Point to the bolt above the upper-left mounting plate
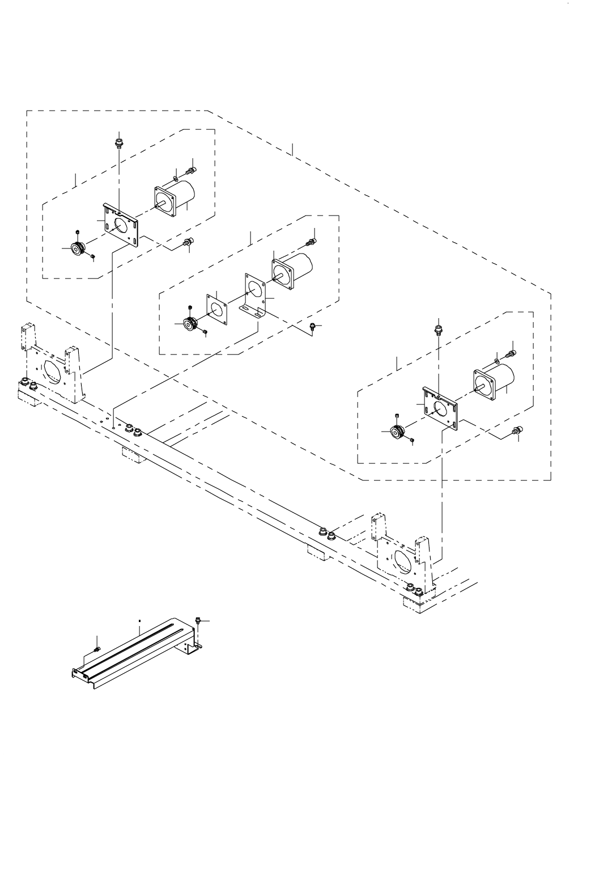click(x=119, y=139)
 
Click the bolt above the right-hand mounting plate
click(x=437, y=329)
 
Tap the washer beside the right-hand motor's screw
click(x=497, y=361)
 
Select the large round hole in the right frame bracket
click(x=403, y=559)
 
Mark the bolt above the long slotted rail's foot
click(x=198, y=620)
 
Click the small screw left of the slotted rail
click(x=97, y=649)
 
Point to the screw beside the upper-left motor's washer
click(x=190, y=170)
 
